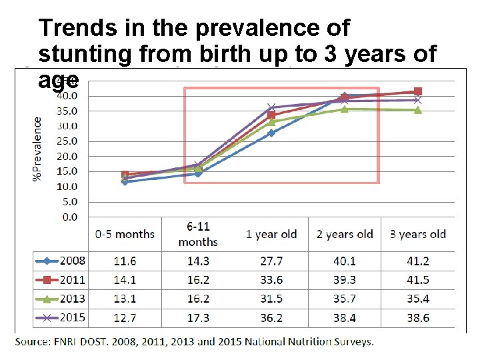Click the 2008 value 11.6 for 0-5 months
pyautogui.click(x=125, y=260)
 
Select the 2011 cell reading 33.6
pyautogui.click(x=271, y=280)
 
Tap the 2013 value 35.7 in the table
pyautogui.click(x=345, y=299)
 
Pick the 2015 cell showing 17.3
pyautogui.click(x=198, y=319)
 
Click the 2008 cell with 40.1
pyautogui.click(x=345, y=260)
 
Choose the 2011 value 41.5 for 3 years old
pyautogui.click(x=417, y=280)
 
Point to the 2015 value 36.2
pyautogui.click(x=271, y=319)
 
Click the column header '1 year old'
pyautogui.click(x=271, y=234)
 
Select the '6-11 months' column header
pyautogui.click(x=198, y=234)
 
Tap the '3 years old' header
pyautogui.click(x=417, y=234)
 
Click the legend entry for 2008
pyautogui.click(x=61, y=260)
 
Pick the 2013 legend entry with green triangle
pyautogui.click(x=61, y=299)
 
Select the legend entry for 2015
pyautogui.click(x=61, y=319)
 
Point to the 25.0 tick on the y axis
pyautogui.click(x=69, y=141)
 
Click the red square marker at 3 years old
pyautogui.click(x=418, y=91)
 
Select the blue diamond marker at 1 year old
pyautogui.click(x=271, y=133)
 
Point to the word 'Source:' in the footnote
pyautogui.click(x=33, y=342)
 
